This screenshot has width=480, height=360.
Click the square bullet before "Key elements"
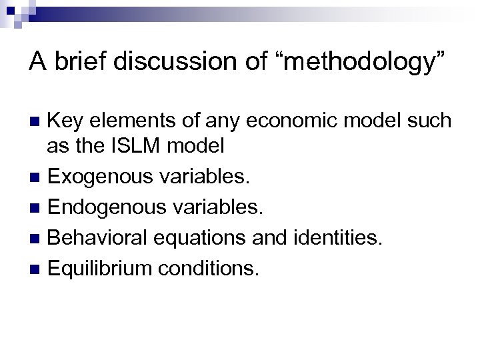pos(37,121)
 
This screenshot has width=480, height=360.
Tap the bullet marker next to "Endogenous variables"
pos(37,208)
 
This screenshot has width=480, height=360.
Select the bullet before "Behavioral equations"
pos(37,237)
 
